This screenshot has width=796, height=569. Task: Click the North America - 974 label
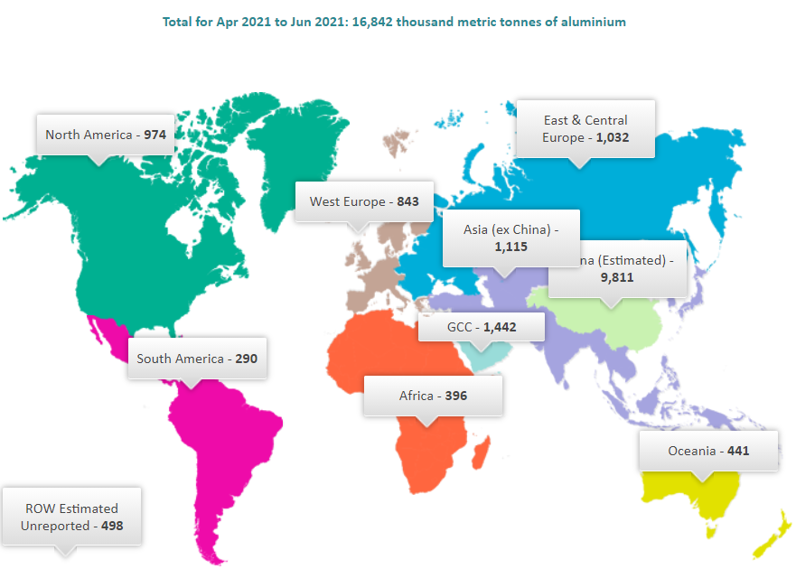(105, 135)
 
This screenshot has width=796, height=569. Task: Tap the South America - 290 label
(197, 359)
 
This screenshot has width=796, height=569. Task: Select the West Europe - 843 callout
(364, 201)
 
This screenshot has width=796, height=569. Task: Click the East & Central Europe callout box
(585, 129)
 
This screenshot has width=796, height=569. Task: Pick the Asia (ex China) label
(510, 238)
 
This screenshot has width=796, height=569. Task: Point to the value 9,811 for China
(616, 277)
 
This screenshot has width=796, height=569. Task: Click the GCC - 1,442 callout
(482, 327)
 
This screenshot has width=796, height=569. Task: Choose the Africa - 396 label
(433, 396)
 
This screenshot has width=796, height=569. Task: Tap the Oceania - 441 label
(708, 451)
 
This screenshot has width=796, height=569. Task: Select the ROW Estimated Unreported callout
(71, 517)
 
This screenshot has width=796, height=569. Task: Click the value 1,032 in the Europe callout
(611, 138)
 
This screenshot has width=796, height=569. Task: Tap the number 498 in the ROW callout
(111, 525)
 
